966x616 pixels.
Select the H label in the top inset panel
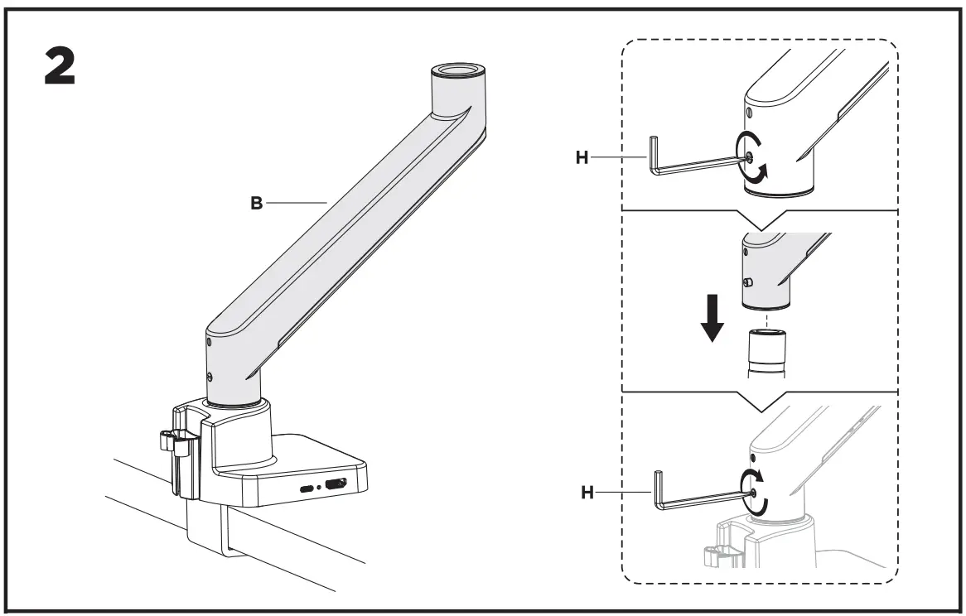tap(583, 157)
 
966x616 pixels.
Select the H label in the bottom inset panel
tap(587, 492)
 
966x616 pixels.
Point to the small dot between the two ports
tap(320, 488)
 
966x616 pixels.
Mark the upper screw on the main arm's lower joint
tap(209, 343)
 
